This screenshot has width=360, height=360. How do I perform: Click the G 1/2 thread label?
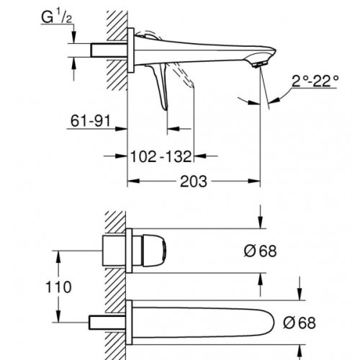coord(57,17)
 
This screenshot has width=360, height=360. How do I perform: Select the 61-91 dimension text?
coord(91,120)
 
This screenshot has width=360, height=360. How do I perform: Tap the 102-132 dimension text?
coord(161,156)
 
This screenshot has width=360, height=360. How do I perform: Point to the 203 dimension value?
coord(194,181)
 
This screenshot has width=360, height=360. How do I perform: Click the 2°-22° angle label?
coord(315,81)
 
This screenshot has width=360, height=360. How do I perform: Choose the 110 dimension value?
coord(58,287)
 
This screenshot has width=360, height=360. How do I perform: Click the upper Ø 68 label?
coord(260,251)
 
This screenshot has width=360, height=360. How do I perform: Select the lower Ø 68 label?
coord(300,323)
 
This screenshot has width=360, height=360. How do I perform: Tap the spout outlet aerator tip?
coord(259,65)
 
